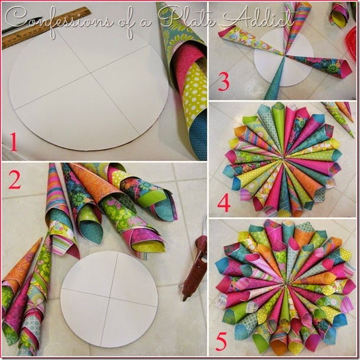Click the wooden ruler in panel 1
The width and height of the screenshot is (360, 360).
(43, 27)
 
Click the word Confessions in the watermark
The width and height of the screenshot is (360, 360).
(59, 21)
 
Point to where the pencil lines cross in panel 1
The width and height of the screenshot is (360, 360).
(92, 73)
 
